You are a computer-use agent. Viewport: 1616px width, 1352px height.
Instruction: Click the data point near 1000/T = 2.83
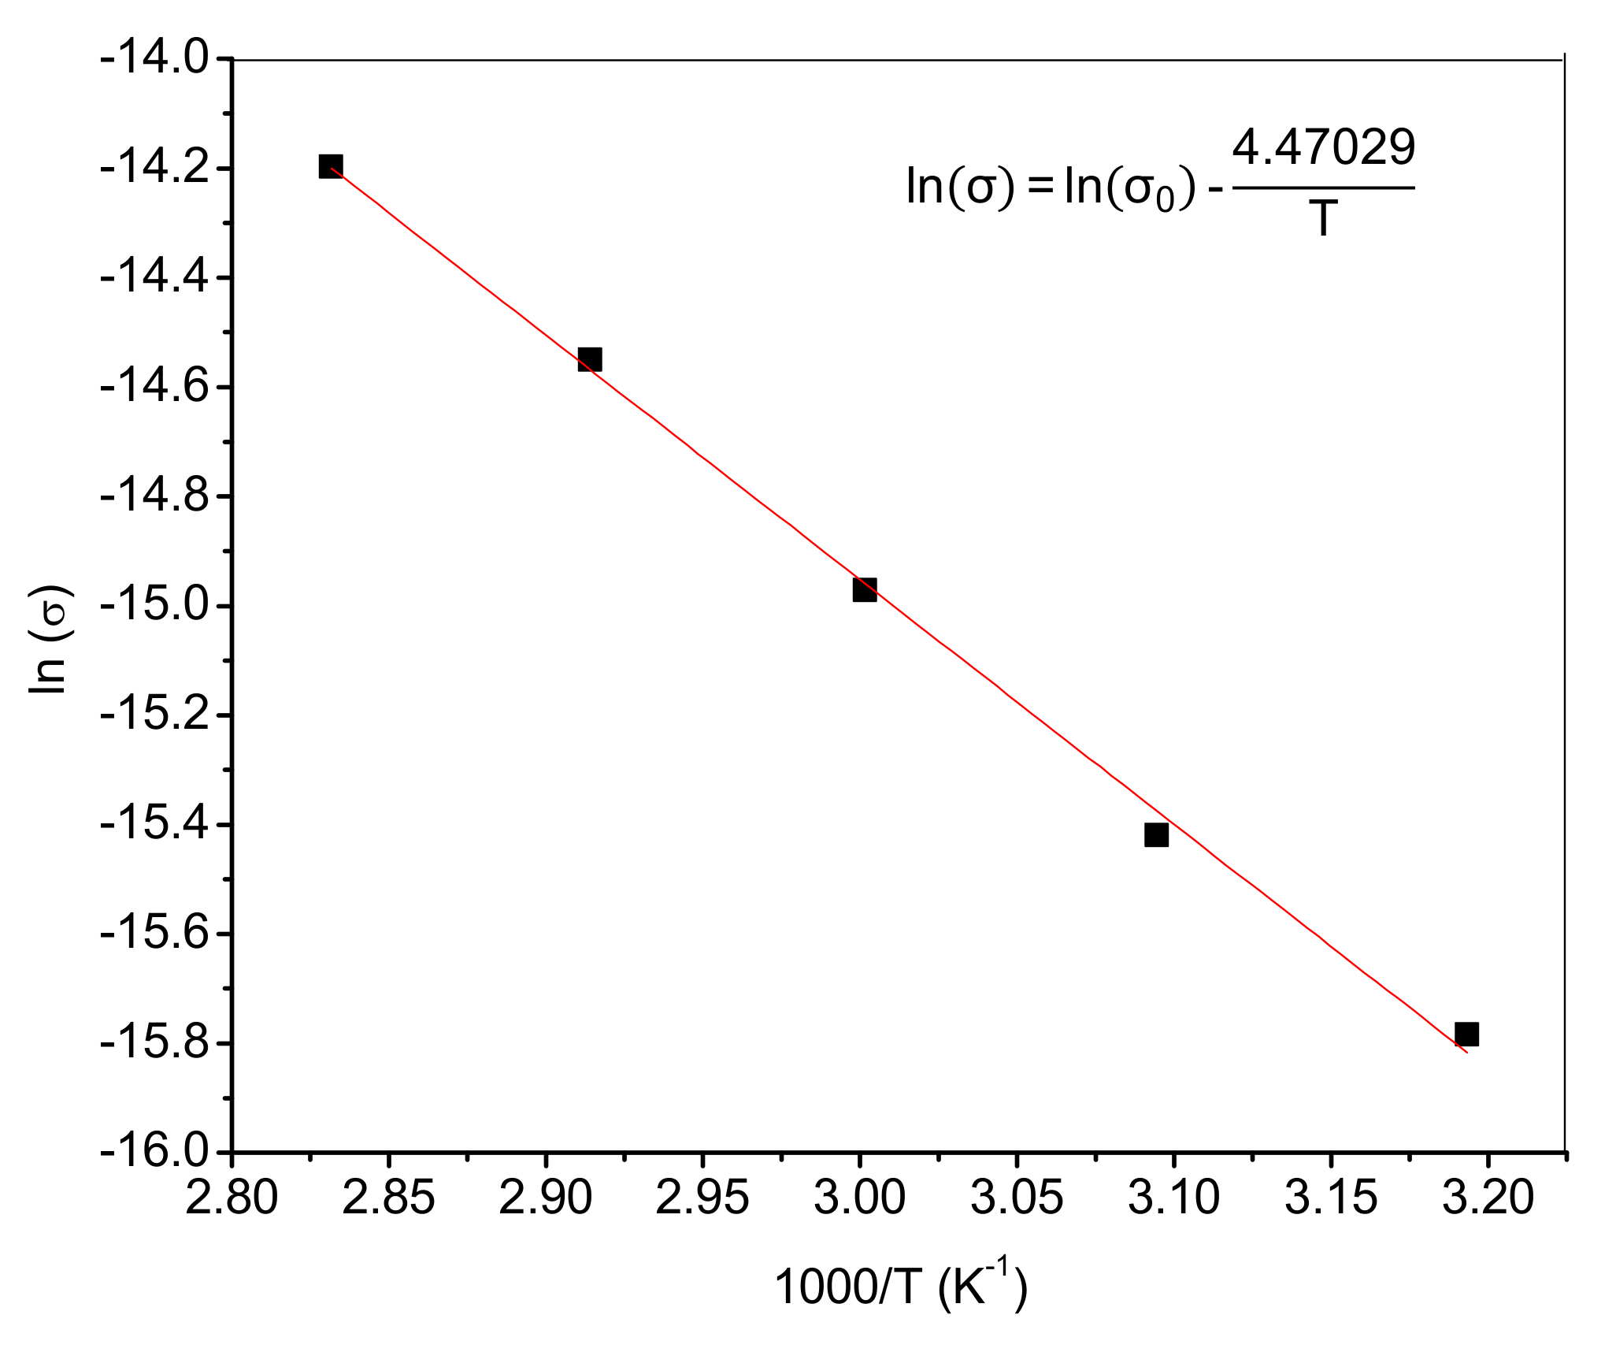(x=331, y=166)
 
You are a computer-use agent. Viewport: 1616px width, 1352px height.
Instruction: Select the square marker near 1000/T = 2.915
(x=590, y=359)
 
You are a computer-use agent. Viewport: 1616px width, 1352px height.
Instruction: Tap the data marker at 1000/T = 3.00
(x=864, y=589)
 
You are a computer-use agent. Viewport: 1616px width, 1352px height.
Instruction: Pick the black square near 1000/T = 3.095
(x=1156, y=835)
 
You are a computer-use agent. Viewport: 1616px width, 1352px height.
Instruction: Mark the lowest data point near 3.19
(x=1466, y=1034)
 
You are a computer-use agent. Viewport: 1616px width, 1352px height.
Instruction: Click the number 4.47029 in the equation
(x=1324, y=148)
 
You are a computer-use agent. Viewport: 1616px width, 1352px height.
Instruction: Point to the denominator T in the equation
(x=1324, y=219)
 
